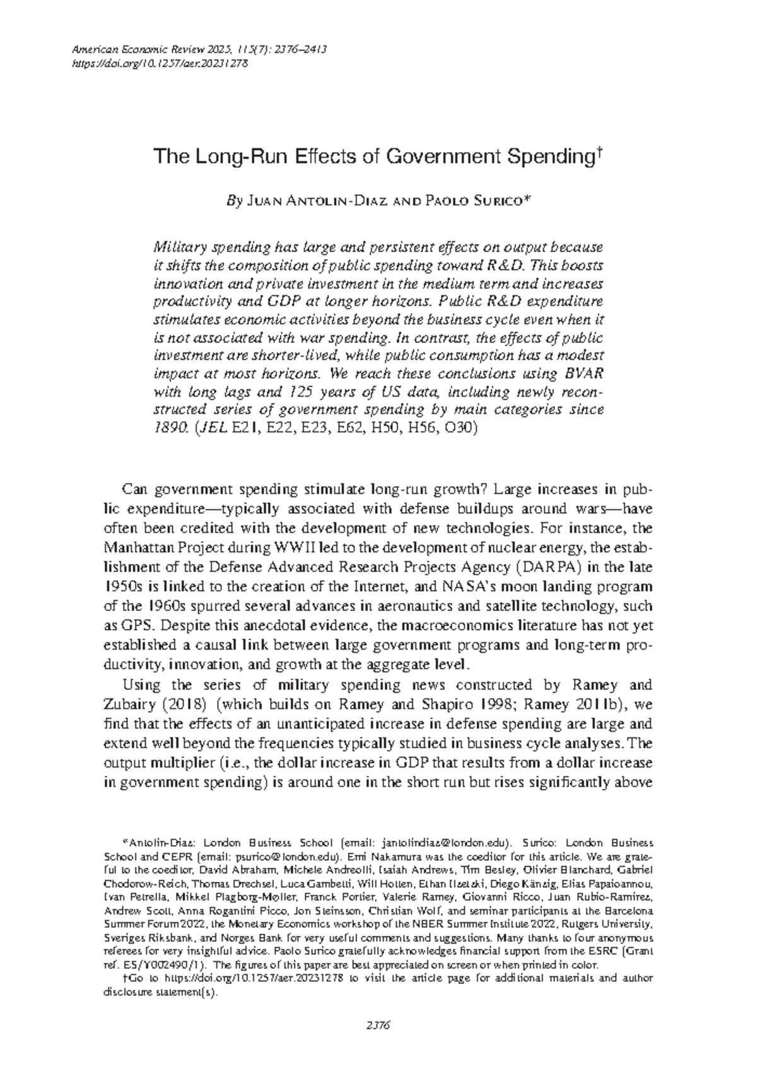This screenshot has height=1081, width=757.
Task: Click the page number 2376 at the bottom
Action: click(378, 1025)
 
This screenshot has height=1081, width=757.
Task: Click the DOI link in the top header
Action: click(161, 63)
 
